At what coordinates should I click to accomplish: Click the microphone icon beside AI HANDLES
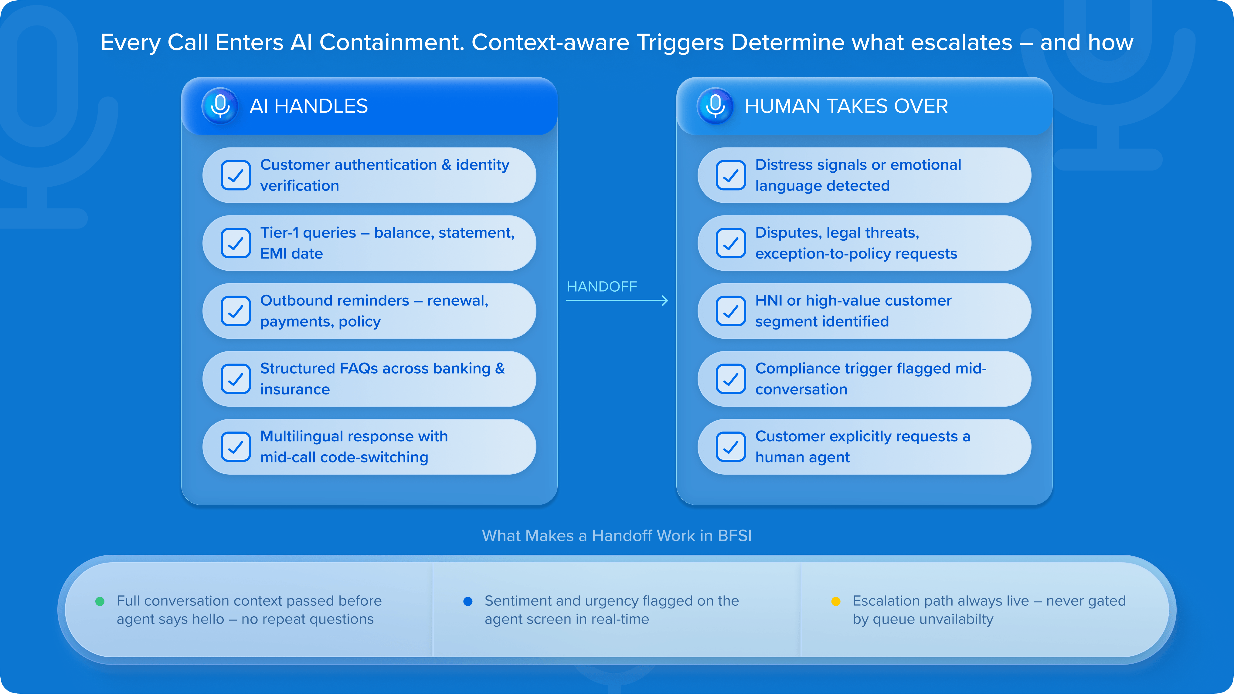pos(220,106)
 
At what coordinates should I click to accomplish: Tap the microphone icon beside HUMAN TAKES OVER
pos(715,106)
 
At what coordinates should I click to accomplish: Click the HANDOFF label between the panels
pos(602,286)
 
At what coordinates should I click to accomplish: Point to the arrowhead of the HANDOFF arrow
pos(665,300)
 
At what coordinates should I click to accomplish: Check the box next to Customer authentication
pos(236,175)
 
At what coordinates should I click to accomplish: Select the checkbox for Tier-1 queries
pos(236,243)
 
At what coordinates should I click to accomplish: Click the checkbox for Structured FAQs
pos(236,379)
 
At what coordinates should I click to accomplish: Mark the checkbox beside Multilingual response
pos(236,447)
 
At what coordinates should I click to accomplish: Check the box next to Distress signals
pos(730,175)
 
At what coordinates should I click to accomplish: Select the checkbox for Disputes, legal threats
pos(730,243)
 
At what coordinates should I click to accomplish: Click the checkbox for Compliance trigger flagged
pos(730,379)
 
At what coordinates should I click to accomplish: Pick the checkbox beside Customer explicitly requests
pos(730,447)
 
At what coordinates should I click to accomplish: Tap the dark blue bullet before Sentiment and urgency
pos(468,601)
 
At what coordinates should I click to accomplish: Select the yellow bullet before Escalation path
pos(836,601)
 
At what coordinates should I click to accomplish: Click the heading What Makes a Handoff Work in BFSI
pos(617,536)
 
